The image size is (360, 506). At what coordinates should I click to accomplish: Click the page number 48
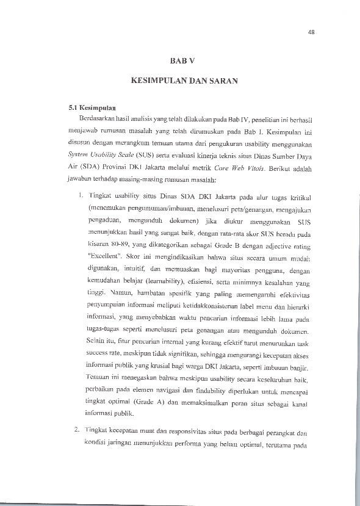[311, 32]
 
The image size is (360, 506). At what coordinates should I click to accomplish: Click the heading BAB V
[182, 61]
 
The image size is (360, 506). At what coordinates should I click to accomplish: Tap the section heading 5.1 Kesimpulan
[93, 107]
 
